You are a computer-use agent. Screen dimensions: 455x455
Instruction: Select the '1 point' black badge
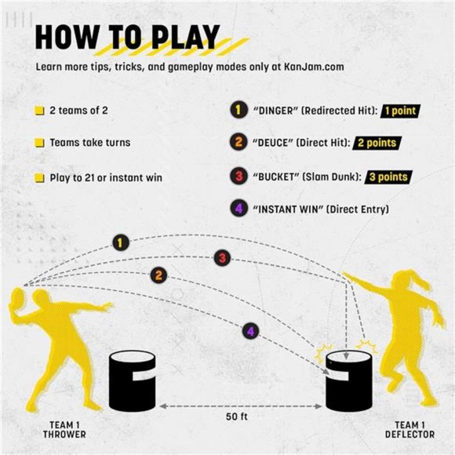tap(399, 111)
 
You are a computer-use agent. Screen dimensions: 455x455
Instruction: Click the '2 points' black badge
tap(375, 144)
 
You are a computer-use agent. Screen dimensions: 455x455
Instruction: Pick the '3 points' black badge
tap(387, 177)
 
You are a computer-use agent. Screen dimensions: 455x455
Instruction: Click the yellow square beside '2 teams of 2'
tap(39, 111)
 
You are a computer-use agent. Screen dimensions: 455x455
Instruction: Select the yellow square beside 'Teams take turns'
tap(39, 144)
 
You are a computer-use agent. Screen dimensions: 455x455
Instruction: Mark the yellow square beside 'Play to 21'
tap(39, 178)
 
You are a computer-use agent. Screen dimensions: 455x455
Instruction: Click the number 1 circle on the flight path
tap(119, 242)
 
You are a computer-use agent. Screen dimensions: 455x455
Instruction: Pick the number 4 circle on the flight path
tap(249, 332)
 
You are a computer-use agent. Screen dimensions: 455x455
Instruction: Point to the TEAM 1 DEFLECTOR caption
tap(405, 430)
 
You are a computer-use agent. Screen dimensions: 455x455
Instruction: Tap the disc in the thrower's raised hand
tap(18, 299)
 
